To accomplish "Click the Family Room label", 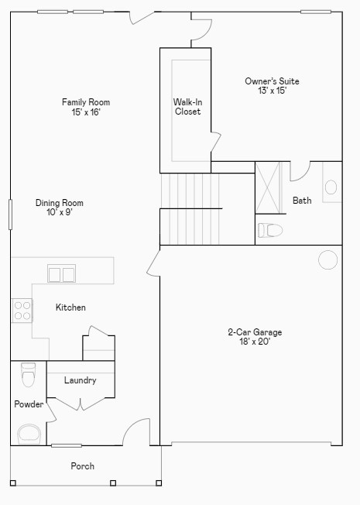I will pos(86,102).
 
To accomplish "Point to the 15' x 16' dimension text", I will pos(86,112).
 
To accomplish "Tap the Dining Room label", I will pos(60,203).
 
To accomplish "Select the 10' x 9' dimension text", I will pos(60,213).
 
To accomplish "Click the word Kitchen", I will pos(70,307).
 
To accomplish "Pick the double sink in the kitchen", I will pos(61,273).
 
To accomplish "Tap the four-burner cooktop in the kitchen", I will pos(22,311).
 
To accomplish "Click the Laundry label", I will pos(80,380).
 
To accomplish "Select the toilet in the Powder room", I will pos(29,374).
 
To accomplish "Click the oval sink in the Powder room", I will pos(30,435).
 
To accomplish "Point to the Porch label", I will pos(83,466).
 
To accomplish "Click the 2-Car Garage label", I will pos(255,332).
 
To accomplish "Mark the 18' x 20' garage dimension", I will pos(255,342).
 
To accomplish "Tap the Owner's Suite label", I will pos(272,81).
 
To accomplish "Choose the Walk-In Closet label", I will pos(187,106).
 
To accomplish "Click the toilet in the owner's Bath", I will pos(270,230).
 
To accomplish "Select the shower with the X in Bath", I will pos(270,187).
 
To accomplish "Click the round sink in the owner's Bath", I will pos(331,187).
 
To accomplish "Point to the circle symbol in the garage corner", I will pos(327,259).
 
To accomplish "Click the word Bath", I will pos(302,201).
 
